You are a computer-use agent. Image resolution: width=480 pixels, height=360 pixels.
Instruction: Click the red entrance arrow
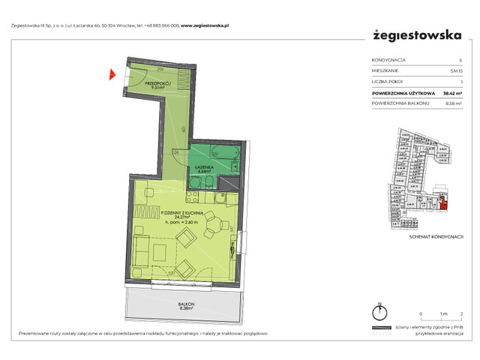[x=112, y=73]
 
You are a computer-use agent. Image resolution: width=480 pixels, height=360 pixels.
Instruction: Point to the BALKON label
[x=187, y=304]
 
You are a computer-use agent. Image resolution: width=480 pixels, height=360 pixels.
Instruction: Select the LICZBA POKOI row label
[x=387, y=80]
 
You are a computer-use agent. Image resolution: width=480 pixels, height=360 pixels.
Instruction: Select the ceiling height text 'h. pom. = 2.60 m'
[x=179, y=223]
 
